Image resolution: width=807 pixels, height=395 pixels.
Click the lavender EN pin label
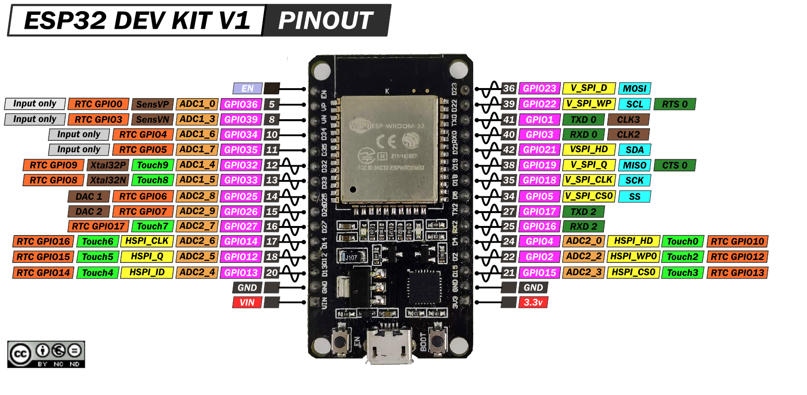tap(247, 89)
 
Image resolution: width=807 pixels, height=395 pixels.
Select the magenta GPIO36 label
tap(241, 104)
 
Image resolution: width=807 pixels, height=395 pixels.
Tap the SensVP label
tap(152, 104)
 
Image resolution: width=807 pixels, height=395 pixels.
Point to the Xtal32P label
tap(108, 165)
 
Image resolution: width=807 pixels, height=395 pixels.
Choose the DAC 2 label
tap(89, 212)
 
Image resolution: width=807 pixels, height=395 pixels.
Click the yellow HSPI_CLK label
tap(147, 241)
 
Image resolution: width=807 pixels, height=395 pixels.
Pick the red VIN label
tap(247, 303)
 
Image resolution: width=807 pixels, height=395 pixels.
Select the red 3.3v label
tap(533, 303)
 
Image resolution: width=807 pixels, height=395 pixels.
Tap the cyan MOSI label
tap(635, 89)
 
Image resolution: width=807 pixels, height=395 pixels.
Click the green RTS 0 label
tap(675, 104)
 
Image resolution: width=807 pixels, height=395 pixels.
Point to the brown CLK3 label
tap(628, 120)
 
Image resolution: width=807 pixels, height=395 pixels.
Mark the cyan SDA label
tap(635, 150)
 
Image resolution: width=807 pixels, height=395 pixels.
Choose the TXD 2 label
tap(583, 212)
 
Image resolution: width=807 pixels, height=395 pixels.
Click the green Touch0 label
tap(682, 242)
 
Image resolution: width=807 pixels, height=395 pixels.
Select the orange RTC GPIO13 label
tap(737, 273)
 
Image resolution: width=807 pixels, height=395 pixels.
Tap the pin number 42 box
tap(509, 150)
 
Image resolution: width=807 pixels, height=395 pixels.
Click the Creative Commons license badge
tap(46, 354)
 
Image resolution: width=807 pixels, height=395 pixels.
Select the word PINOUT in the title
tap(326, 21)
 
